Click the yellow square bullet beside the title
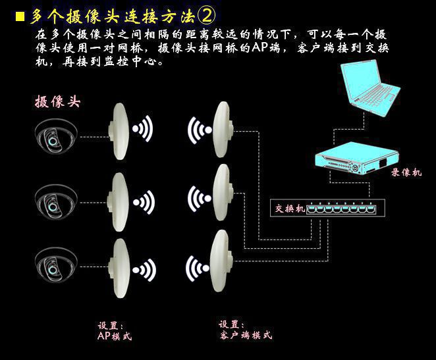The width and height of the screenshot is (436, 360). (x=20, y=16)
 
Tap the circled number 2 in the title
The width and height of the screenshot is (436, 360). (x=206, y=16)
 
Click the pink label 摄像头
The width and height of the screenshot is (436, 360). (x=57, y=101)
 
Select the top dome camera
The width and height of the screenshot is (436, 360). (x=56, y=136)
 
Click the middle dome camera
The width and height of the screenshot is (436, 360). (x=56, y=203)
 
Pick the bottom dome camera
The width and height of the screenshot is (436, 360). (x=56, y=266)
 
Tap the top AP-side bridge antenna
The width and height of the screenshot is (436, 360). (x=119, y=132)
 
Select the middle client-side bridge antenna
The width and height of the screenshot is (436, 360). (x=222, y=192)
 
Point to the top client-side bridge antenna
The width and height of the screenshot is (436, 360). (x=223, y=130)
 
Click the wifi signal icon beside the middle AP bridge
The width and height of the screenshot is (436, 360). (x=144, y=202)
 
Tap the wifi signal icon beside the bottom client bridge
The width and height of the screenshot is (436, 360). (x=198, y=269)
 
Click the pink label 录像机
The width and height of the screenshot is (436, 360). (x=406, y=172)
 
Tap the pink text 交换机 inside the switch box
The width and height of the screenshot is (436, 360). (x=290, y=209)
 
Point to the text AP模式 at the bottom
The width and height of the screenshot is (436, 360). (x=115, y=336)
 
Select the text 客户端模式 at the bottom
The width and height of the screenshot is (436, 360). (x=246, y=335)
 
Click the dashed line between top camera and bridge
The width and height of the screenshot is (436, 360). (x=94, y=137)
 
